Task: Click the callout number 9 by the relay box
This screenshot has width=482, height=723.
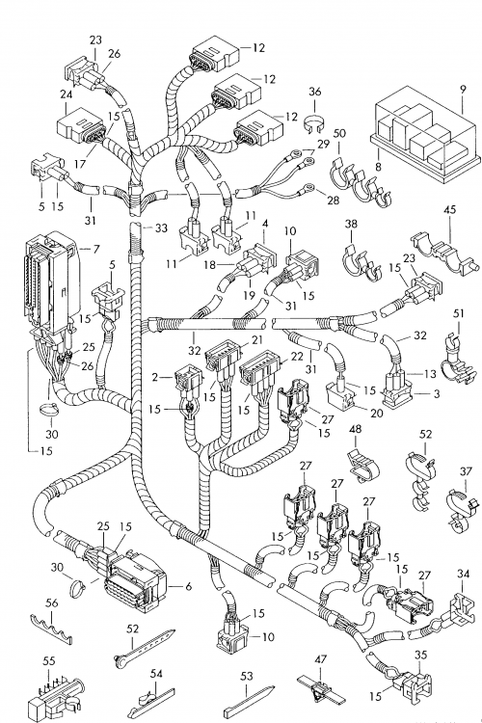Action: coord(463,90)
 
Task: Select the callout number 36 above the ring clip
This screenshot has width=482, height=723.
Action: coord(314,92)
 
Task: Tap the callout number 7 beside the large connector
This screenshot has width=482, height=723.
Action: coord(96,250)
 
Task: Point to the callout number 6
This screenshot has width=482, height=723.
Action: coord(188,586)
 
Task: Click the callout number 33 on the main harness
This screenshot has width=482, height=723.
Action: coord(161,228)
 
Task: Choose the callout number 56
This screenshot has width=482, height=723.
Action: coord(52,602)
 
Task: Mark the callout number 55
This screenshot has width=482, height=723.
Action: coord(48,660)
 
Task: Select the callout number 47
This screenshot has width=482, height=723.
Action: coord(321,659)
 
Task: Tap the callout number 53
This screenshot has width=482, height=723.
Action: coord(247,676)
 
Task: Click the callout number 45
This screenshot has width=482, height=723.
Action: coord(450,210)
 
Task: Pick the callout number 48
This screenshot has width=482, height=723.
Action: coord(355,429)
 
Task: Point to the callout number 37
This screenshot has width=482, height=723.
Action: coord(466,471)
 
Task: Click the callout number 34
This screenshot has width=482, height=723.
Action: coord(463,574)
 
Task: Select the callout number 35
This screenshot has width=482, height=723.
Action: coord(420,655)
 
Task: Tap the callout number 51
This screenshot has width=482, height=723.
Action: coord(459,313)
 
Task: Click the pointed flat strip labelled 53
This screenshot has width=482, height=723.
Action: coord(249,700)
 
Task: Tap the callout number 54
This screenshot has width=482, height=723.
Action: coord(156,674)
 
